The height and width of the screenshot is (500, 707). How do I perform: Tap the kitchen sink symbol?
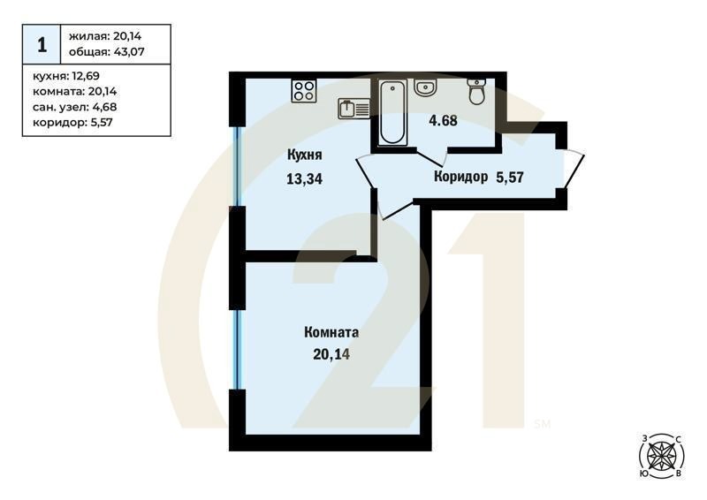click(354, 109)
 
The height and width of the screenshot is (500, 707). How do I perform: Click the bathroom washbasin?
click(425, 87)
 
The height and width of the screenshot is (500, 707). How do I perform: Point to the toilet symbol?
click(477, 91)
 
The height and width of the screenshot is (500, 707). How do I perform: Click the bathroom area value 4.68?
click(442, 121)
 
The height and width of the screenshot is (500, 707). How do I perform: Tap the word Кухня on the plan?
click(303, 155)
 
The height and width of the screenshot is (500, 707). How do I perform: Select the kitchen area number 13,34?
click(303, 179)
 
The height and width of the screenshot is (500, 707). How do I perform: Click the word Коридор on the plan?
click(460, 177)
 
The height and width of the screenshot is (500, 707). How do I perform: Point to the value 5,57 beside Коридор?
click(510, 177)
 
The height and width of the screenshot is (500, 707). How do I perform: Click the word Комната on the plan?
click(331, 333)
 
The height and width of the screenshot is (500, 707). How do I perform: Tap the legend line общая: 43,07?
click(105, 52)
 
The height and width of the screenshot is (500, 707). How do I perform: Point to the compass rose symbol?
click(659, 456)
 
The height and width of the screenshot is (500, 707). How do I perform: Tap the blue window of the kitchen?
click(236, 167)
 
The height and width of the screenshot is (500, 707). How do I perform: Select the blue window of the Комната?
click(236, 349)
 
